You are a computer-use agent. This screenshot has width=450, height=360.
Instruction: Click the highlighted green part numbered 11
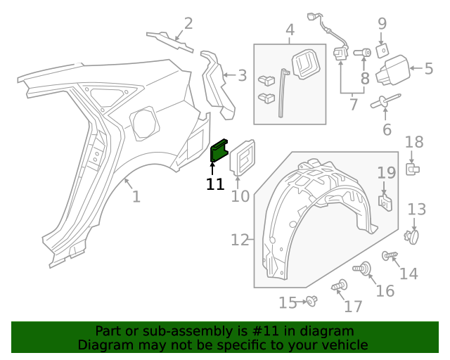(219, 150)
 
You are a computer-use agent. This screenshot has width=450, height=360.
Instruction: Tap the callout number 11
(215, 184)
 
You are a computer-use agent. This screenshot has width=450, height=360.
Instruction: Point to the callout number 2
(188, 24)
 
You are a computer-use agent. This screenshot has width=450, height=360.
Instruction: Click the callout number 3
(242, 75)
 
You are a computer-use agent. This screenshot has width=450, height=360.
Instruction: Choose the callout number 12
(240, 240)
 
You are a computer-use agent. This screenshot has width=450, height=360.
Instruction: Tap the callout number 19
(387, 173)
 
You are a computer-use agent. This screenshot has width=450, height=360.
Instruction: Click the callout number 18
(414, 142)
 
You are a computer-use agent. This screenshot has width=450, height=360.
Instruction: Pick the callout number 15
(288, 303)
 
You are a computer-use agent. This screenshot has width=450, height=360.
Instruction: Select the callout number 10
(240, 195)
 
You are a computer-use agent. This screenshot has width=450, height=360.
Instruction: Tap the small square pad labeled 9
(382, 51)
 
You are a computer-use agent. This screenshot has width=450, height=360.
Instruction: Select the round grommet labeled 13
(413, 237)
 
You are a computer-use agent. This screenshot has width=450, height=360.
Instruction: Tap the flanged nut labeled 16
(365, 268)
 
